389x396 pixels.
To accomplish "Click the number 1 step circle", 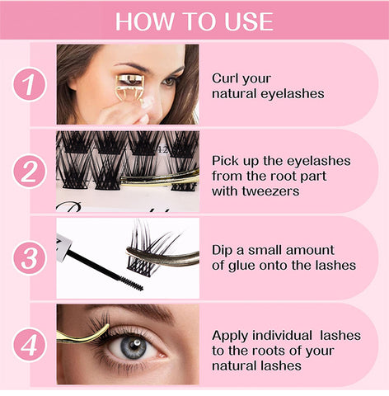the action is coord(30,84).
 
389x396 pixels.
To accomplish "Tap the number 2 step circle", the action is coord(30,171).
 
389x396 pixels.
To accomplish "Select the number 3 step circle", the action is coord(30,258).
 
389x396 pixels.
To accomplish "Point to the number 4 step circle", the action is coord(30,345).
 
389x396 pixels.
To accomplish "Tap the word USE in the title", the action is coord(249,21).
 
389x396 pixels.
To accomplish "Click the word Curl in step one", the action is coord(224,78).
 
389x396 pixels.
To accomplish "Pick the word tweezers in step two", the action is coord(270,191).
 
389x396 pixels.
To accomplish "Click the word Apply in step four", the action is coord(230,336).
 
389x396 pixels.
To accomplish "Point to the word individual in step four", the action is coord(282,336).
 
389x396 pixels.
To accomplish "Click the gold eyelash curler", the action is coord(129,88).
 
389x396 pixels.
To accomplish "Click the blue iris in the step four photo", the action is coord(134,347).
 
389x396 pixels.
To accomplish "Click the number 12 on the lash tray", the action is coord(163,150).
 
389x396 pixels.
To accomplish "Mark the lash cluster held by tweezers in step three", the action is coord(150,249).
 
